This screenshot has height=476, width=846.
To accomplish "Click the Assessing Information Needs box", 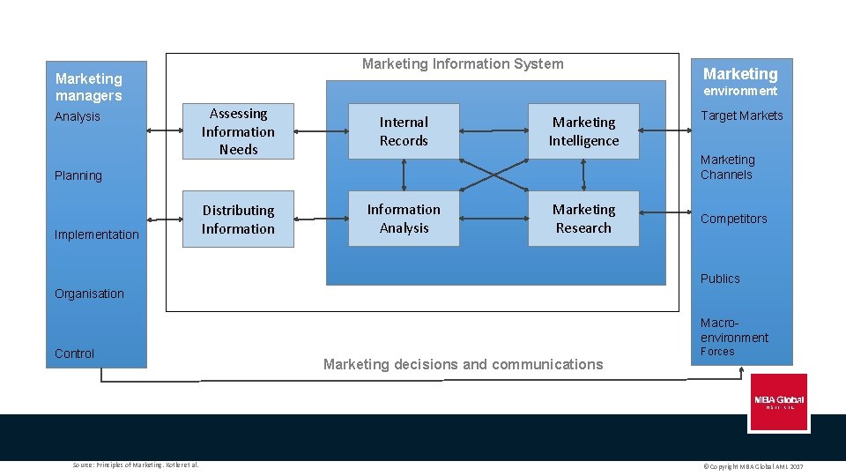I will click(238, 132).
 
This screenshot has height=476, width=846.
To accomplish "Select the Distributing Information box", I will click(238, 219).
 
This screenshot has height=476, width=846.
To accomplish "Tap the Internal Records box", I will click(404, 132).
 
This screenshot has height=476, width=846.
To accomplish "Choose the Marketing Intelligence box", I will click(583, 132).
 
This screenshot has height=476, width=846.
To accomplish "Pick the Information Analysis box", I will click(404, 219).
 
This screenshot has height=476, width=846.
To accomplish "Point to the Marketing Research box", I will click(583, 219).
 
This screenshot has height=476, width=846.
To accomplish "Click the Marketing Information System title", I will click(463, 63).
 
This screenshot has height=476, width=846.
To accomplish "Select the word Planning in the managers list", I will click(78, 175).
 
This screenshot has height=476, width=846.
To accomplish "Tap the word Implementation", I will click(97, 234).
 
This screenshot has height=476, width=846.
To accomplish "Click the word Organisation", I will click(89, 294).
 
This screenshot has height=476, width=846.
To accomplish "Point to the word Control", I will click(74, 353).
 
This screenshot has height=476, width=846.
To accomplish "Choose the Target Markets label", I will click(742, 115).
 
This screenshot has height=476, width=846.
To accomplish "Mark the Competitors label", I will click(734, 219).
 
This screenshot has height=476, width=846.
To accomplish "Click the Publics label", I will click(720, 279).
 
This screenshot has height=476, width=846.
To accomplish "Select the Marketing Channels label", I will click(728, 167).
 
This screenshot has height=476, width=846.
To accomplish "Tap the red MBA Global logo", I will click(778, 402).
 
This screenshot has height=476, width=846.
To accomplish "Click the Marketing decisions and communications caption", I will click(464, 364).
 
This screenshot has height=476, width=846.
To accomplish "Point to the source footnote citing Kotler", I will click(136, 465).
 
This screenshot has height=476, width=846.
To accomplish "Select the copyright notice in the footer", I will click(753, 465).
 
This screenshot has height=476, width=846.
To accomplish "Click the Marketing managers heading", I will click(89, 87).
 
